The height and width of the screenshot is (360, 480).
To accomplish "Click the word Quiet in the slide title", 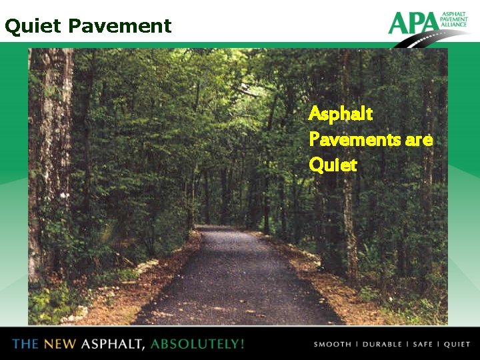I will pos(32,27).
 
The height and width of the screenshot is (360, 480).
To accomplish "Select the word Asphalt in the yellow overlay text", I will pos(341,114).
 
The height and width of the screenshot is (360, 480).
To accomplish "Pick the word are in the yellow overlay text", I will pos(419,140).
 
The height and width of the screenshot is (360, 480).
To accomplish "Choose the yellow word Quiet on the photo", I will pos(333,164).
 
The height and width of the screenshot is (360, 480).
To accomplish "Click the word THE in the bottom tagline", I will pos(25,344).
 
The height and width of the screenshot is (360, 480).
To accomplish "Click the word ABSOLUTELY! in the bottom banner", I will pos(197,344).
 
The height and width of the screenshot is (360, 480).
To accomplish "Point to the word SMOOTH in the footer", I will pos(333,345).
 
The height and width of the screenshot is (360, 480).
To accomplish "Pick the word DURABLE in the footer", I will pos(383,345).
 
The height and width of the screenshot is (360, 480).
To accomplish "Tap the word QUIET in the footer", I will pos(457,345).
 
